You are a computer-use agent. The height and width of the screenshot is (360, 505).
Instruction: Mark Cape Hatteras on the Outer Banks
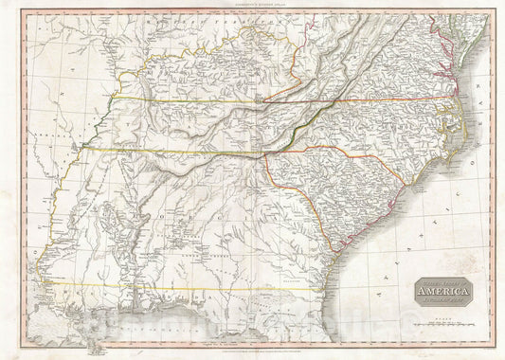point(466,140)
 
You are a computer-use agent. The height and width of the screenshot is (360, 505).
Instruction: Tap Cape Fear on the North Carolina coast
point(423,186)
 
